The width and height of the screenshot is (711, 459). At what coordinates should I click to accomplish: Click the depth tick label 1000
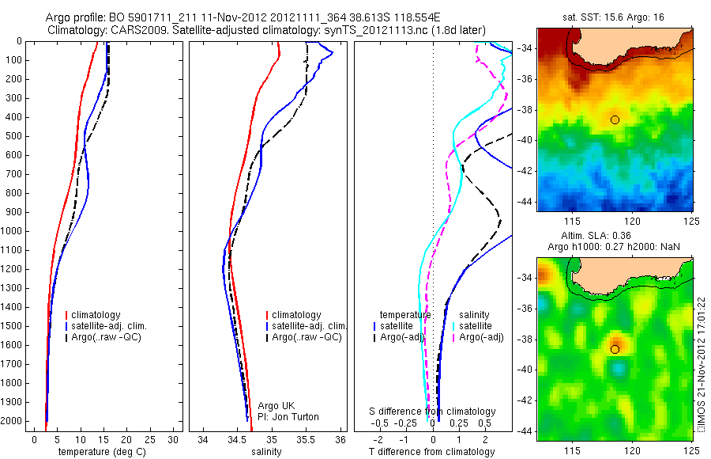coord(12,231)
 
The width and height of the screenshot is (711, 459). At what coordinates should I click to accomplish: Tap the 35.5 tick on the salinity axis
coord(307,438)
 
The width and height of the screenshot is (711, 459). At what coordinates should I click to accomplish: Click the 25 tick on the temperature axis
coord(150,438)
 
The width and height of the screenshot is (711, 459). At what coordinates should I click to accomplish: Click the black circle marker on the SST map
coord(615,119)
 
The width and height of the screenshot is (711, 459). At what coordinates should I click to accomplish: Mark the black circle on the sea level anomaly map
coord(615,349)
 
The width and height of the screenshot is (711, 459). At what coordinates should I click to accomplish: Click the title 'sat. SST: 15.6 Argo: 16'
coord(615,18)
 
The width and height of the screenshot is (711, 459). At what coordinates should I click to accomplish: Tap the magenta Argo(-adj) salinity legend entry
coord(481,337)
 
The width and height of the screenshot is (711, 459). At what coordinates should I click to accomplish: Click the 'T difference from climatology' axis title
coord(432,452)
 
